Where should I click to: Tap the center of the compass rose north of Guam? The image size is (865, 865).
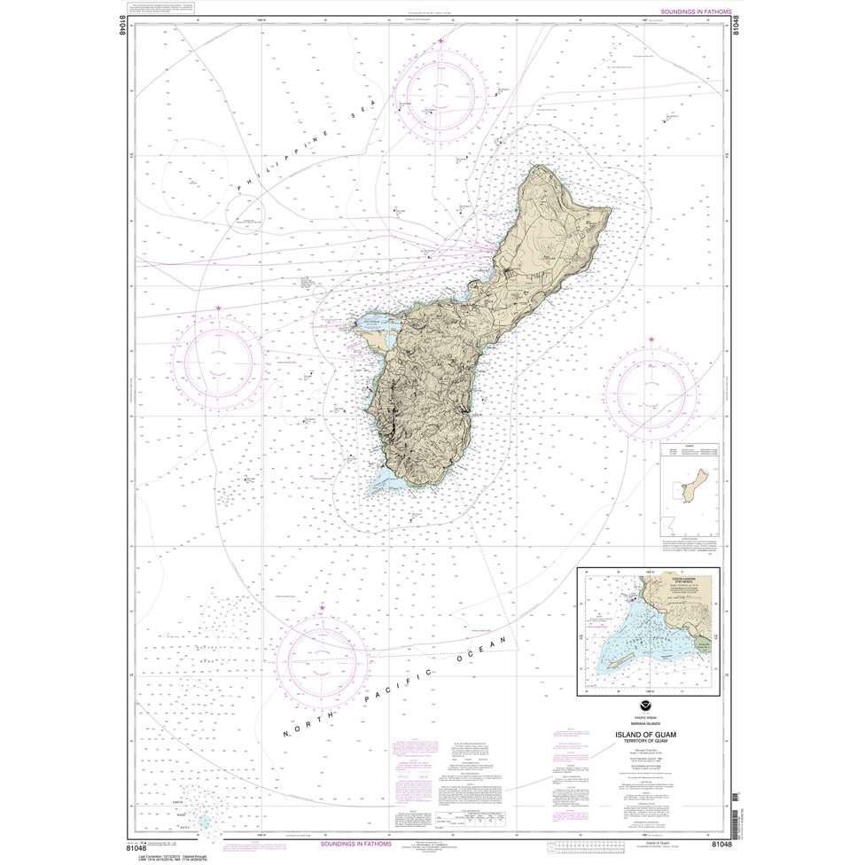(x=441, y=91)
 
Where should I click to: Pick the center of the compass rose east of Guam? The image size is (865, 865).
(x=650, y=390)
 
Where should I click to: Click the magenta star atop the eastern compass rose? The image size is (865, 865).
(x=651, y=340)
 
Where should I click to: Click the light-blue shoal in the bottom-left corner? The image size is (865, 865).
(x=205, y=821)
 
